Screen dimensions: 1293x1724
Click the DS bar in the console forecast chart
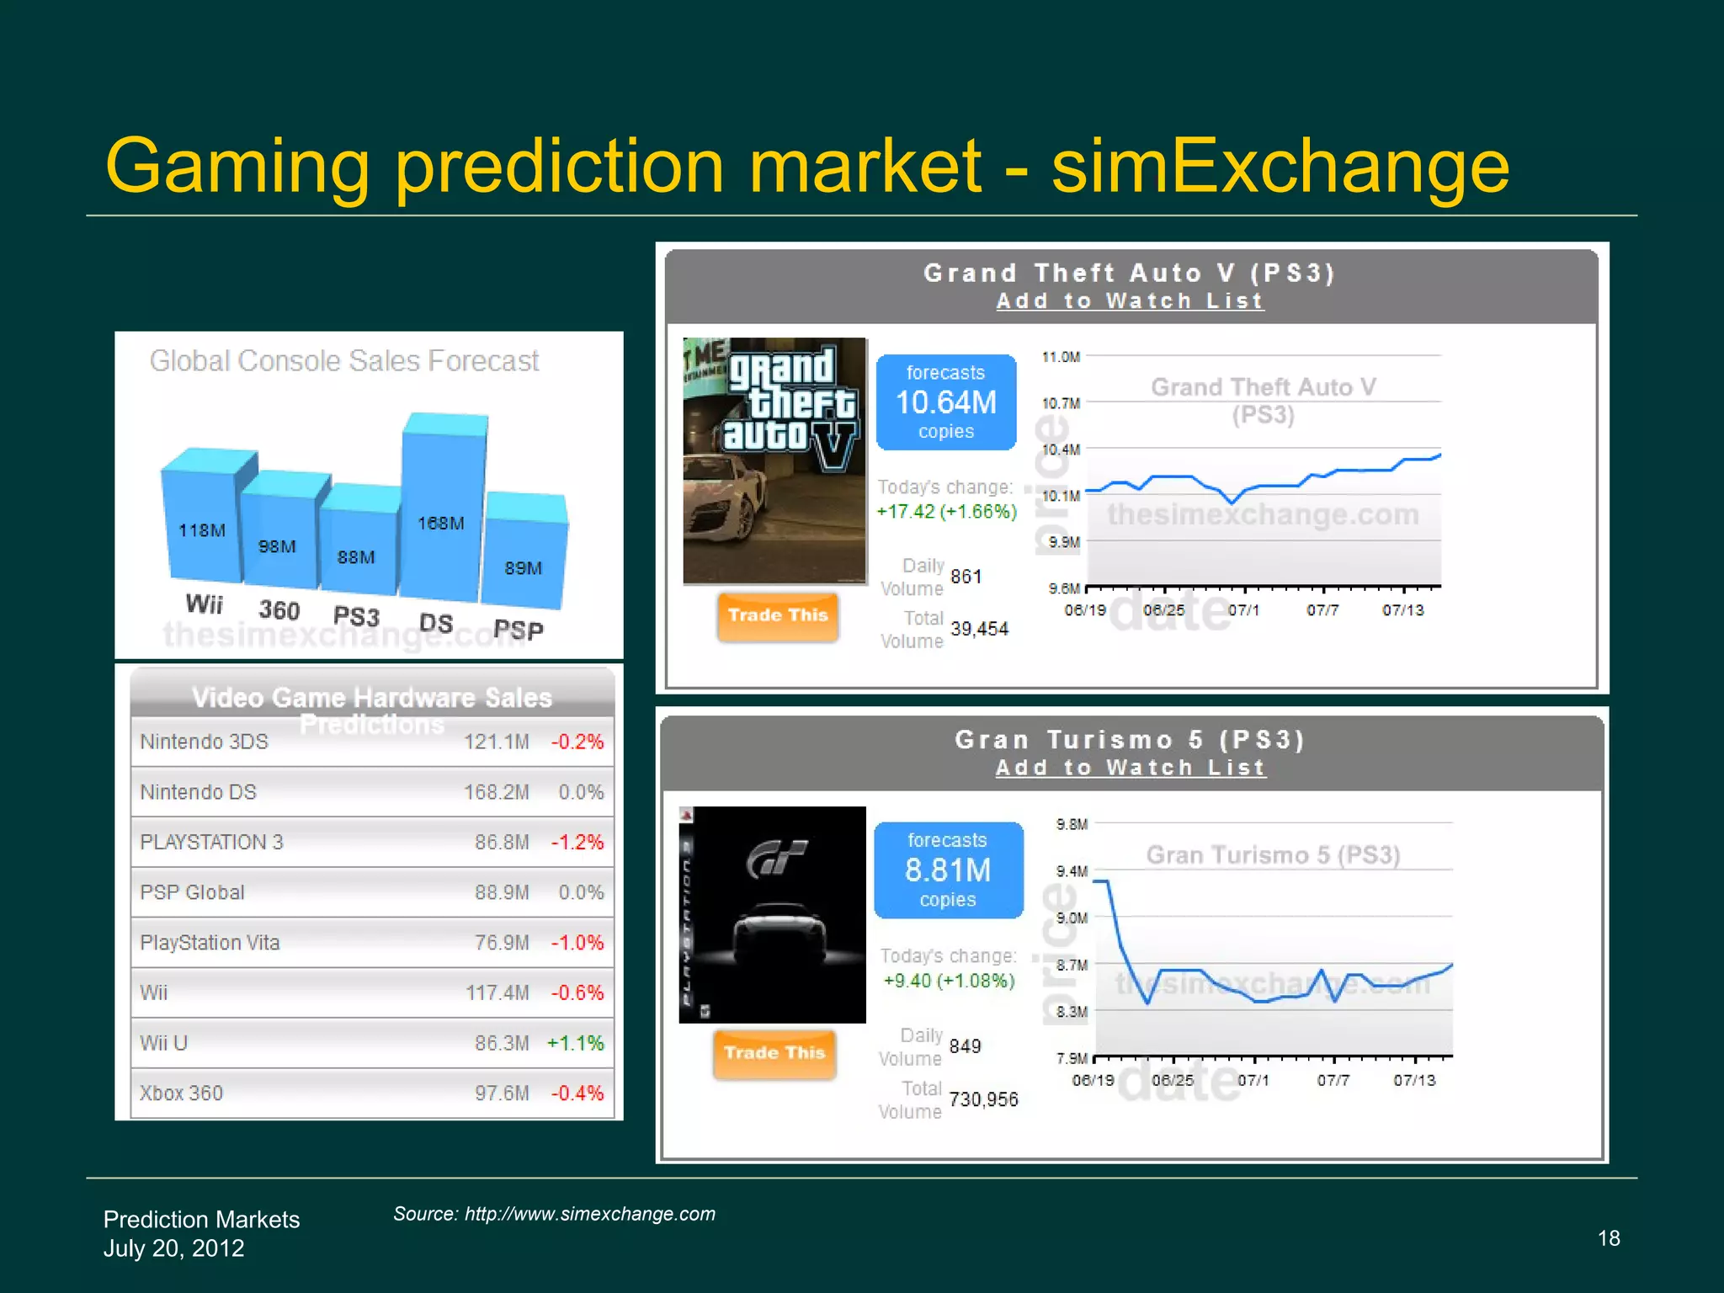(442, 505)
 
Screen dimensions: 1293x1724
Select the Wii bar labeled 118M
(203, 522)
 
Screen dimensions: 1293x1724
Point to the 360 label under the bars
(279, 609)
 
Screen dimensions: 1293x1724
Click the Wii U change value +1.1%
(576, 1043)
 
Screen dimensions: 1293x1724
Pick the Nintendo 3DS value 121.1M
(497, 742)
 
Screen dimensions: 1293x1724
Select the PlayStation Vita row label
(210, 943)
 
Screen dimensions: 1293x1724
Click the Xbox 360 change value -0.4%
(577, 1093)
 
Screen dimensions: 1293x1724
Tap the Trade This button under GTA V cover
(778, 615)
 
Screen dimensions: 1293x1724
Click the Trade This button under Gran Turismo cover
(774, 1053)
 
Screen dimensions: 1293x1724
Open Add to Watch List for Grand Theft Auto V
(1130, 301)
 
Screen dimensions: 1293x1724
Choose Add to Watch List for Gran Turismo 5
(1131, 768)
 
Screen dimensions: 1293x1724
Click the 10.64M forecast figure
(946, 402)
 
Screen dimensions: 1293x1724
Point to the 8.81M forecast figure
(948, 870)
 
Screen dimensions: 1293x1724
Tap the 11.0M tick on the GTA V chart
(1061, 357)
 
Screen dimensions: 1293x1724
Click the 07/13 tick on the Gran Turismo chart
(1414, 1080)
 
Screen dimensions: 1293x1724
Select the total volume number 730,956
(983, 1099)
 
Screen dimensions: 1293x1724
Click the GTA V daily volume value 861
(966, 577)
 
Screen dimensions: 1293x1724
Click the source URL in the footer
(589, 1214)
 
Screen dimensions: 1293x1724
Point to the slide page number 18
(1609, 1238)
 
